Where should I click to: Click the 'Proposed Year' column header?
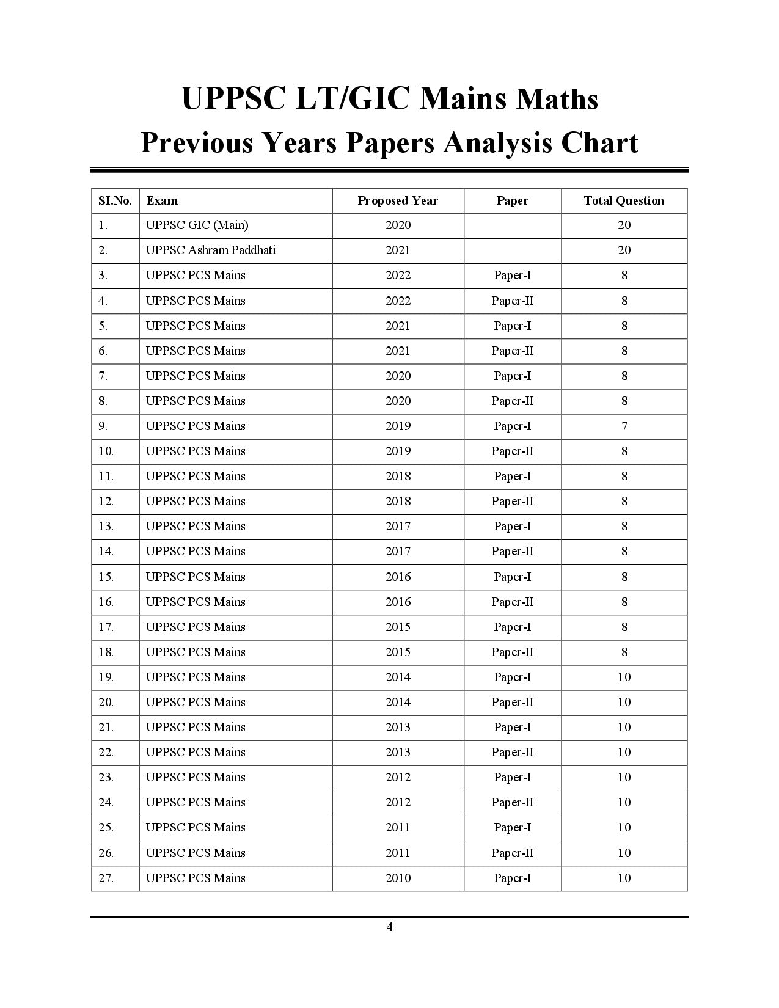pyautogui.click(x=398, y=200)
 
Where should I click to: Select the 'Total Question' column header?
pyautogui.click(x=624, y=200)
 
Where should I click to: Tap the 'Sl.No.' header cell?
pyautogui.click(x=115, y=200)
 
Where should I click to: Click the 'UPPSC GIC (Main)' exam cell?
pyautogui.click(x=197, y=225)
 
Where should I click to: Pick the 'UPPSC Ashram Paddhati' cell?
pyautogui.click(x=210, y=250)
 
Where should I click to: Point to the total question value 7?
pyautogui.click(x=624, y=426)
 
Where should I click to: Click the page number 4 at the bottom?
pyautogui.click(x=389, y=927)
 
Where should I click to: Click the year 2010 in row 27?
pyautogui.click(x=398, y=878)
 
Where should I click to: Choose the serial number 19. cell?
pyautogui.click(x=106, y=677)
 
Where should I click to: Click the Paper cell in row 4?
pyautogui.click(x=512, y=301)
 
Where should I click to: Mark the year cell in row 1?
pyautogui.click(x=398, y=225)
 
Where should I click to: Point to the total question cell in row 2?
pyautogui.click(x=624, y=250)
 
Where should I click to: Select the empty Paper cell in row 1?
pyautogui.click(x=512, y=225)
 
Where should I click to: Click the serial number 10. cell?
pyautogui.click(x=106, y=451)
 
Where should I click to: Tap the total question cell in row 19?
pyautogui.click(x=624, y=677)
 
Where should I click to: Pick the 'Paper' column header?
pyautogui.click(x=512, y=200)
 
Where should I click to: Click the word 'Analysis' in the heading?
pyautogui.click(x=498, y=143)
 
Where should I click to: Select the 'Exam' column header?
pyautogui.click(x=162, y=200)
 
